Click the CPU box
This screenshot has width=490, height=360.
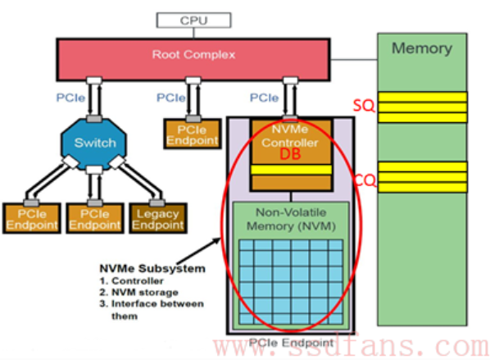tap(193, 21)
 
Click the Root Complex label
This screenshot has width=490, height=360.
tap(193, 55)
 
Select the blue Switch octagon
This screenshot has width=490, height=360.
tap(94, 144)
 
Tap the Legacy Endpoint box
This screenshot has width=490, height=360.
tap(158, 218)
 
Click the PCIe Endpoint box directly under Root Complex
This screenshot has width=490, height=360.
tap(193, 134)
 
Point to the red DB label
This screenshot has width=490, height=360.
tap(290, 154)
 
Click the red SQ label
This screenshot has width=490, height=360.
tap(364, 106)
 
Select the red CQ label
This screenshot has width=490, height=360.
tap(365, 180)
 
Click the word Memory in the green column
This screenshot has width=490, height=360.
tap(422, 48)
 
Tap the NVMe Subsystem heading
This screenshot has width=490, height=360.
tap(152, 268)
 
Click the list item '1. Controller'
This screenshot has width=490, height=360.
tap(132, 281)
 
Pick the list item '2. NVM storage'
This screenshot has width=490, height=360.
tap(139, 293)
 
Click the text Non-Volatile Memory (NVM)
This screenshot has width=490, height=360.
tap(291, 219)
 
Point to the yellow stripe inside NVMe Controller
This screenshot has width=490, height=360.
tap(291, 170)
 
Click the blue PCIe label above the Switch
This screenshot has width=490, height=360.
tap(70, 98)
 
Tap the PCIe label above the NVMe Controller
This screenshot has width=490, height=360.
tap(264, 98)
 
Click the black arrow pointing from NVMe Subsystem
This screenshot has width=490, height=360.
tap(199, 251)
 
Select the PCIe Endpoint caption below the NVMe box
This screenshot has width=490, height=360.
tap(291, 343)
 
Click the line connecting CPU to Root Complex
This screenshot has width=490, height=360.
tap(193, 33)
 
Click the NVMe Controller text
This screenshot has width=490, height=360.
tap(290, 136)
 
